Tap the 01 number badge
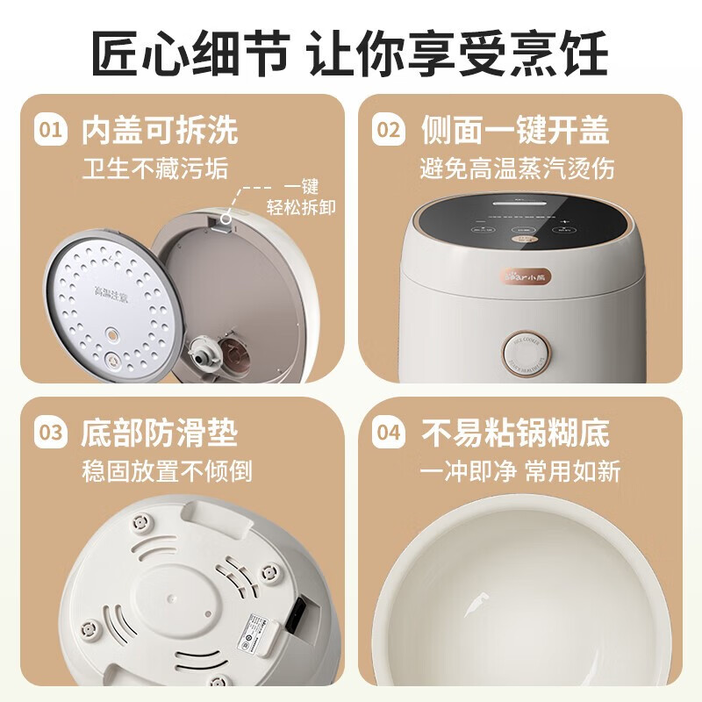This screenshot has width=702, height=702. click(51, 131)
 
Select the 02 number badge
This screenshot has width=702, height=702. click(387, 131)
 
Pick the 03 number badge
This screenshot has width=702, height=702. click(51, 433)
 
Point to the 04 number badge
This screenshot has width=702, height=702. click(387, 433)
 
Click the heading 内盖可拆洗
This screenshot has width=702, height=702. click(160, 131)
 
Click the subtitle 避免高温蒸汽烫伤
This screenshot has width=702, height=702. click(518, 168)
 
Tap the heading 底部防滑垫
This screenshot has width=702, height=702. click(160, 433)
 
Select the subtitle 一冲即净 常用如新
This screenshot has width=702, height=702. click(521, 470)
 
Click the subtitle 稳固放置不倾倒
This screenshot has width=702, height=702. click(167, 470)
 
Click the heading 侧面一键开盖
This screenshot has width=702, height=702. click(515, 131)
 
